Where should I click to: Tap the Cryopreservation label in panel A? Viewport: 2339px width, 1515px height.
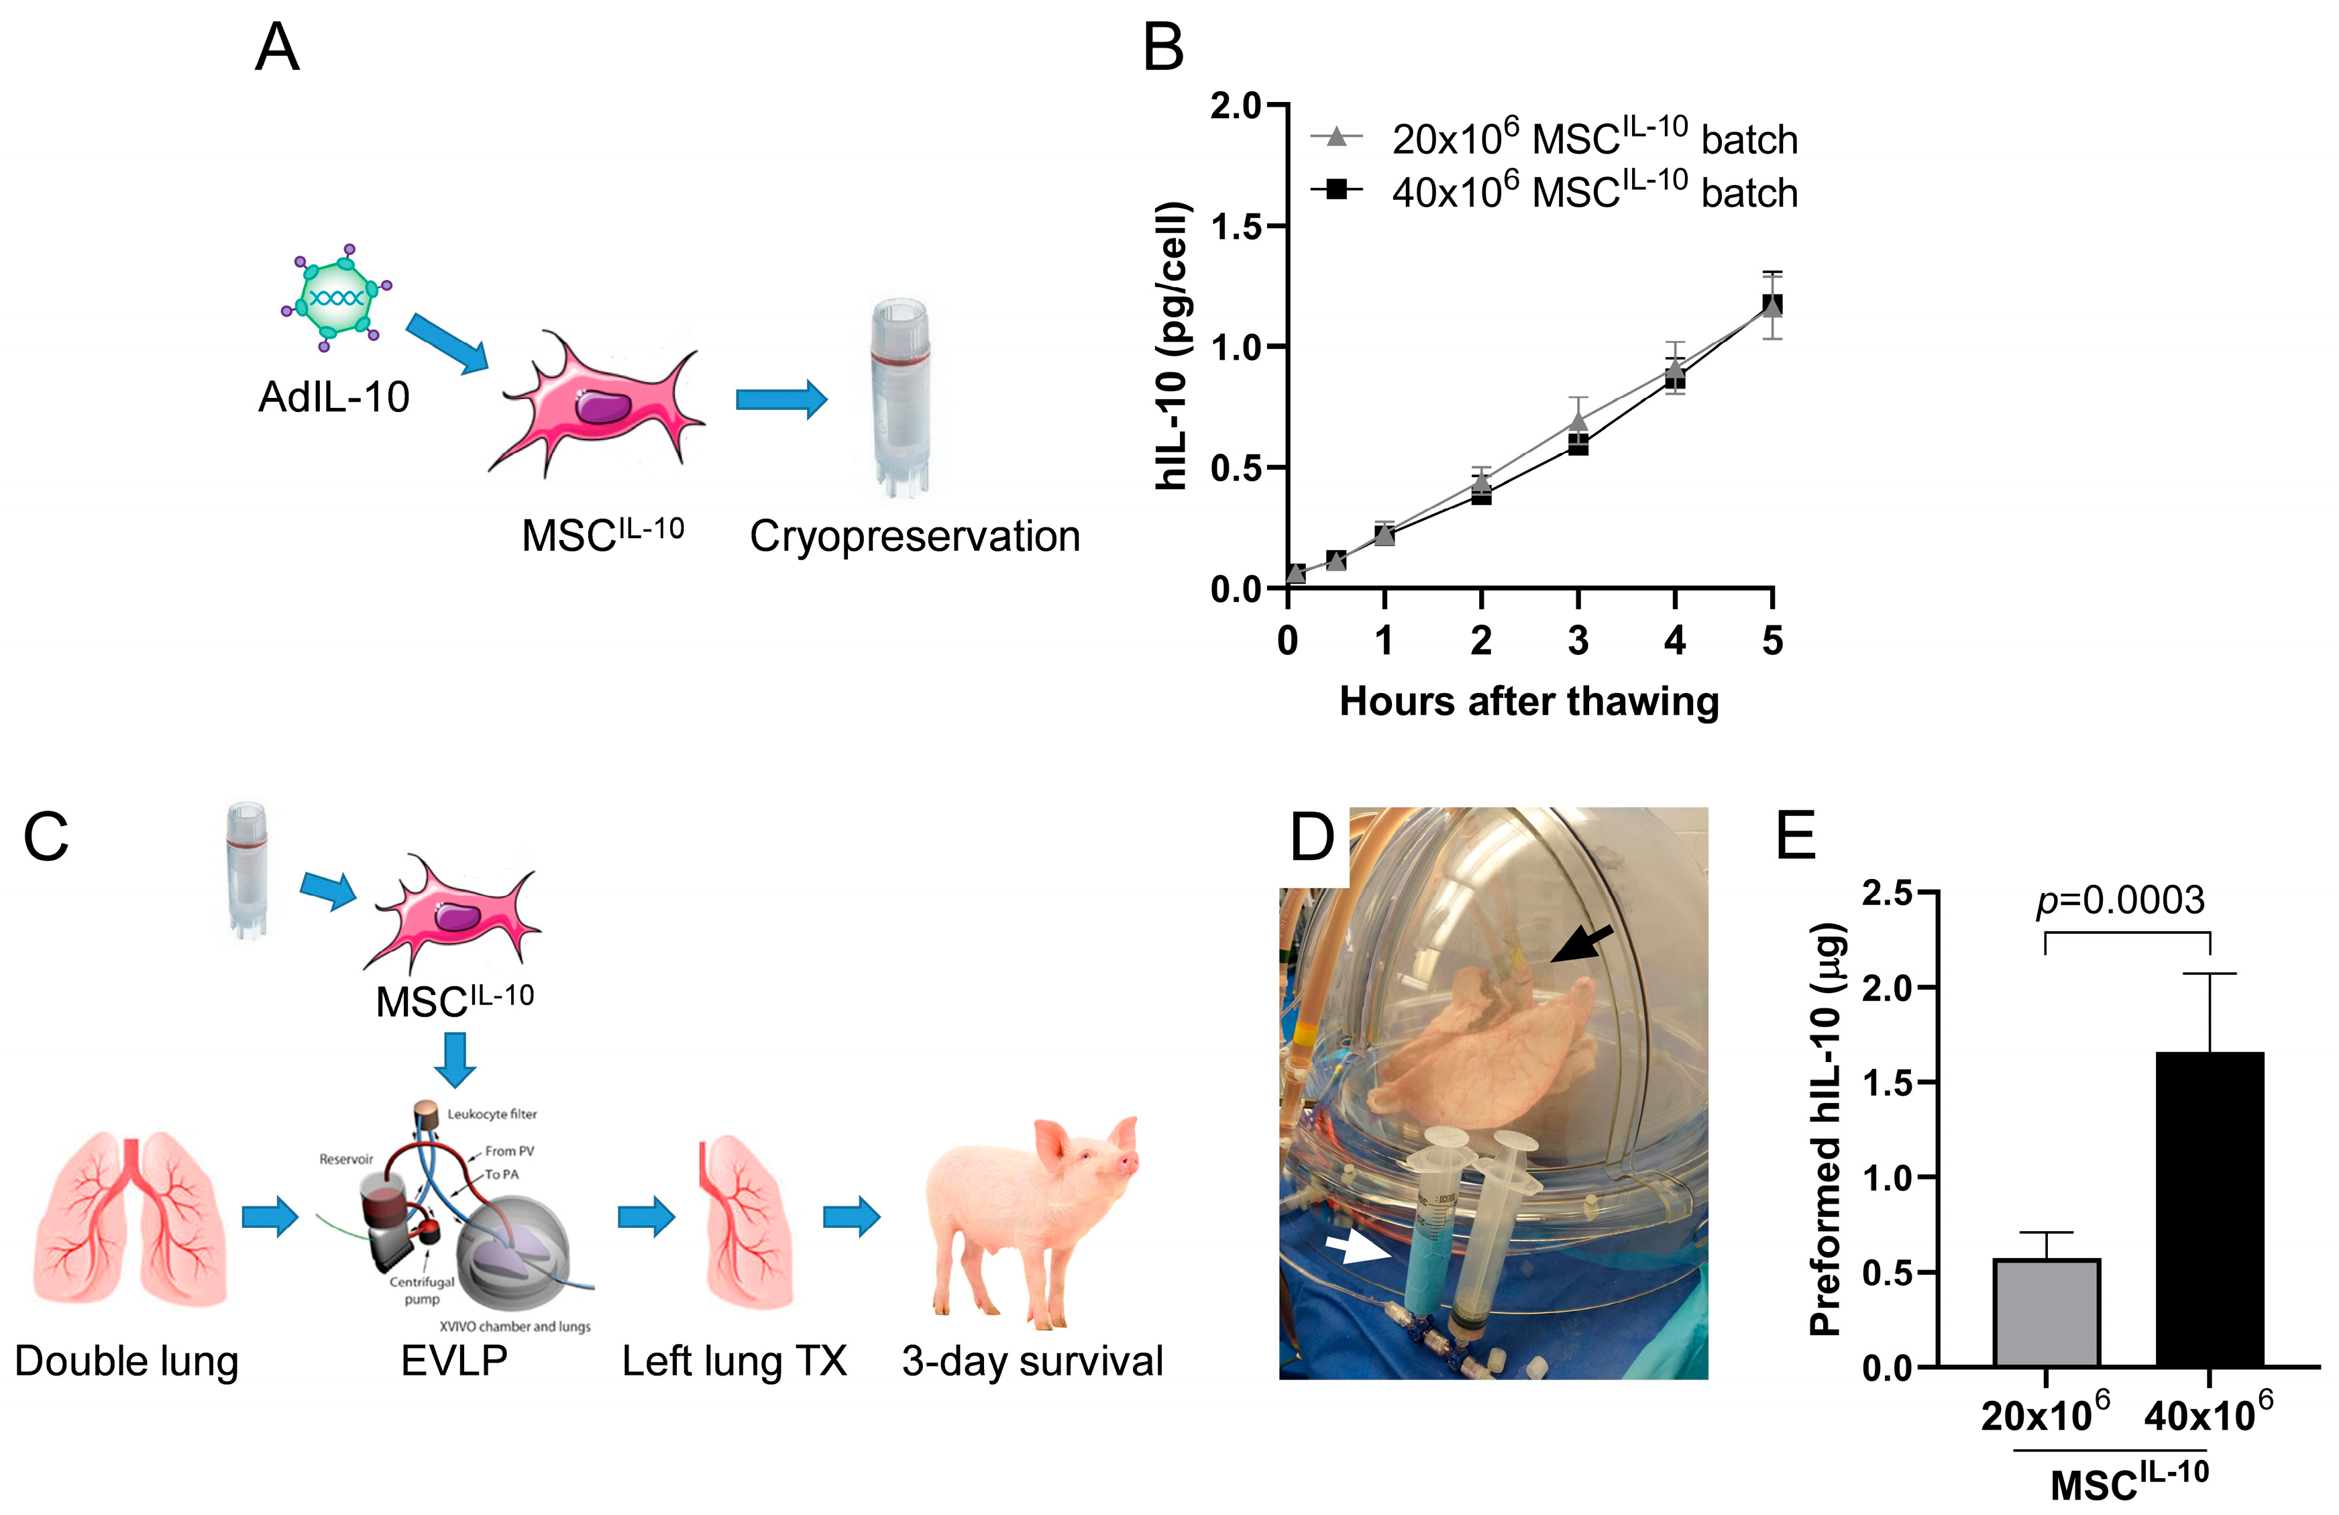coord(914,537)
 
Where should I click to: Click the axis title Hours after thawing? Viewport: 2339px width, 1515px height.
coord(1528,702)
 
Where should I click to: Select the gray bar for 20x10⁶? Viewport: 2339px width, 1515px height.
coord(2046,1312)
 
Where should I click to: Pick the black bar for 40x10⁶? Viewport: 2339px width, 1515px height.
coord(2210,1209)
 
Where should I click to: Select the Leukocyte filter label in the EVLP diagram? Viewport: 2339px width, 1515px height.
coord(492,1114)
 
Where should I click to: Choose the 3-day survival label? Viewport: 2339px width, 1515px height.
coord(1032,1361)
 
